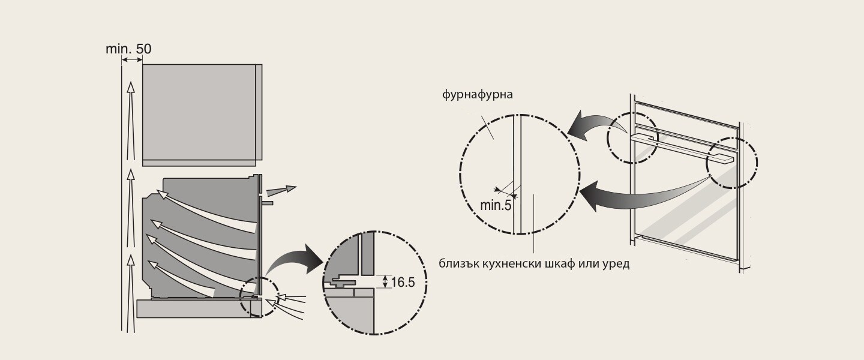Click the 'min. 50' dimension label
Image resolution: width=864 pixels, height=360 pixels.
(x=128, y=49)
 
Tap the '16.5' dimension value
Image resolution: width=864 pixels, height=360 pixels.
(x=403, y=283)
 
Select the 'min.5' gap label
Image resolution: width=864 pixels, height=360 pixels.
(x=496, y=205)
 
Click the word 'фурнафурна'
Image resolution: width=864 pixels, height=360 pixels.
(x=478, y=95)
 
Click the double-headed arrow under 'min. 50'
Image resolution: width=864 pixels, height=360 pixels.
(x=132, y=59)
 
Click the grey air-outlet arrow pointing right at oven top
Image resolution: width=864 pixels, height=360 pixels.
(x=281, y=191)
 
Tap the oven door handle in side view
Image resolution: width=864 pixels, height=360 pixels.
(x=267, y=202)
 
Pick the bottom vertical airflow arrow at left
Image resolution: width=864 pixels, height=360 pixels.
(x=131, y=293)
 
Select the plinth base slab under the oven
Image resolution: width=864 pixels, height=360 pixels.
(x=199, y=308)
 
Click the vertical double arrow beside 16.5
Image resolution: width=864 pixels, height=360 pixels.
(x=385, y=281)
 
